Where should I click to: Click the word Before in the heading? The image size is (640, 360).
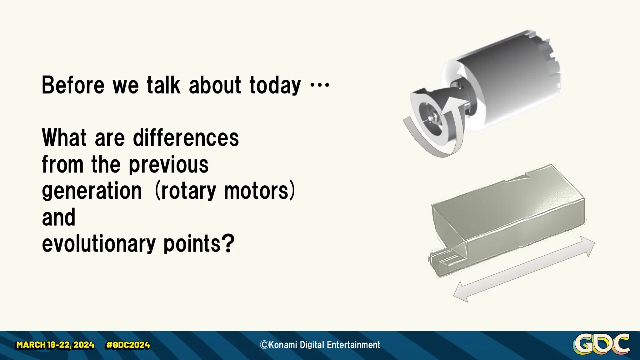click(73, 85)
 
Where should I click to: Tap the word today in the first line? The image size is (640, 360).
click(275, 85)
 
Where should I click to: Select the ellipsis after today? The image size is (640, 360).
click(319, 85)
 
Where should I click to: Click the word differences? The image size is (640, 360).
click(186, 138)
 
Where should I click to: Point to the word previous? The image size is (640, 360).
click(168, 164)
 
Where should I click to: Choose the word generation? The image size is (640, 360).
click(92, 191)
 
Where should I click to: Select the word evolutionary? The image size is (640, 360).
click(98, 244)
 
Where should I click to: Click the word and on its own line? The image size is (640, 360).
click(58, 217)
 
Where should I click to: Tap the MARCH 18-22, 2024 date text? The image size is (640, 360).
click(55, 345)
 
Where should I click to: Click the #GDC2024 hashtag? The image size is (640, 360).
click(128, 345)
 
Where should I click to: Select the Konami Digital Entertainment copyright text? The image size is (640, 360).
click(320, 345)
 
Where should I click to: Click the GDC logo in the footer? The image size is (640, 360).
click(601, 344)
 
